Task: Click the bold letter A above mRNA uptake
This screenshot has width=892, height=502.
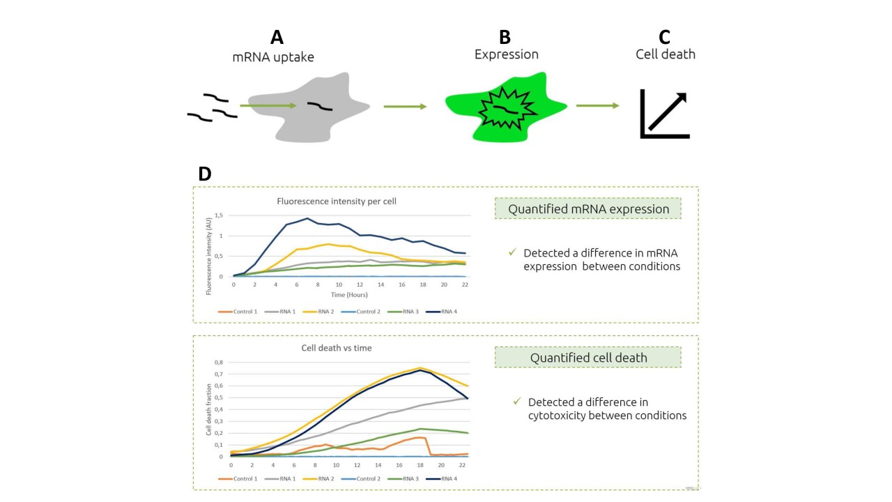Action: pos(277,38)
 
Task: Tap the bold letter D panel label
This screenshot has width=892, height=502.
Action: pos(205,174)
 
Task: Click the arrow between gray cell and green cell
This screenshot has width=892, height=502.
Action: pos(404,107)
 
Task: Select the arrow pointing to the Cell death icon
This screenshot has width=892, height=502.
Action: pos(597,106)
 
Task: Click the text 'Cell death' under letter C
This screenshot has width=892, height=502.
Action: pos(665,54)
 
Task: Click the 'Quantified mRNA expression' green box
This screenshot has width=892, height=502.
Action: pos(588,209)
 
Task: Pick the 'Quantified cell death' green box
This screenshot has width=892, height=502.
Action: pos(588,358)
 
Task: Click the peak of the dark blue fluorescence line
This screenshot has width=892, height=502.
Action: pos(307,218)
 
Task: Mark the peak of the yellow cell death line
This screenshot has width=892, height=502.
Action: pos(420,367)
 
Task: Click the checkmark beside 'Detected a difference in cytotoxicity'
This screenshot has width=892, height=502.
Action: pos(516,402)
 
